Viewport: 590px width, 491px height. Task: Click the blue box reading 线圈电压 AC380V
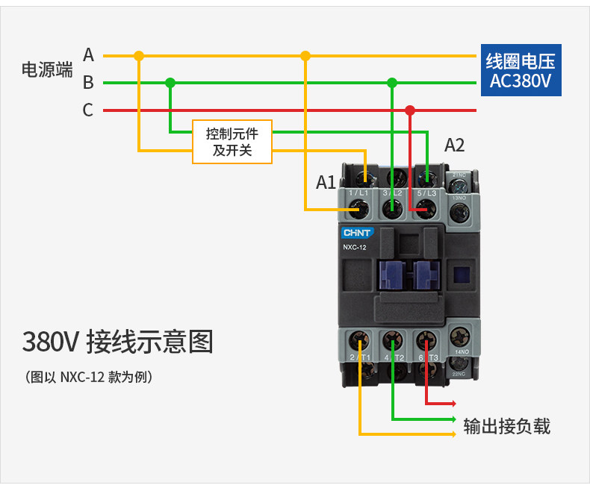[520, 72]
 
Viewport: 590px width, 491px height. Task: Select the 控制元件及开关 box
[232, 142]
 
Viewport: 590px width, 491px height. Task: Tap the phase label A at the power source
[88, 55]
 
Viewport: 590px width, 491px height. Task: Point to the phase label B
[88, 83]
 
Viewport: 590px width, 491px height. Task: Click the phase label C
[88, 110]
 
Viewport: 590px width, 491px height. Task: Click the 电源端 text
[47, 70]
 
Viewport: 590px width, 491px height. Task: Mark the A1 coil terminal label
[326, 182]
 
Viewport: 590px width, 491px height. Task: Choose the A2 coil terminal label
[454, 146]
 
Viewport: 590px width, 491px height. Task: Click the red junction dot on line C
[409, 110]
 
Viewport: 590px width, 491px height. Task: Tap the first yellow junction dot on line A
[138, 55]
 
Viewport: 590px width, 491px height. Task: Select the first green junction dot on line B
[170, 83]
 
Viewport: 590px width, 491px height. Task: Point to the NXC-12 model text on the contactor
[355, 247]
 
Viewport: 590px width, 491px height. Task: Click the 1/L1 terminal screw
[364, 210]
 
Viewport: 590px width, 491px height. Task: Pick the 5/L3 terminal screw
[426, 210]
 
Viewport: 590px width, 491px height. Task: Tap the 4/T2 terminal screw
[393, 341]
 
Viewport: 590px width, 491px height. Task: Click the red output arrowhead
[453, 404]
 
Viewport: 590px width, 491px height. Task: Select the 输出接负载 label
[506, 426]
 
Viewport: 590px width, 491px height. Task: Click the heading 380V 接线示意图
[117, 342]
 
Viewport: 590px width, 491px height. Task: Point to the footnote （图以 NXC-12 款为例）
[89, 377]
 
